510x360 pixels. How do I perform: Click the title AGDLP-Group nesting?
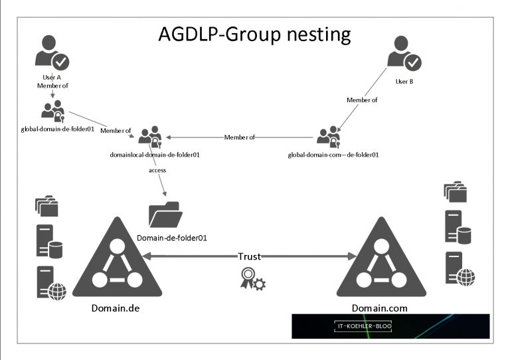(254, 34)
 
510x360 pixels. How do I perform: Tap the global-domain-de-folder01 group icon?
(52, 111)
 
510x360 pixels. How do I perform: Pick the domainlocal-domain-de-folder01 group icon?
(151, 137)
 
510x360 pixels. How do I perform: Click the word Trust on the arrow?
(250, 256)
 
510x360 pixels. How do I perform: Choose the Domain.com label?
(380, 308)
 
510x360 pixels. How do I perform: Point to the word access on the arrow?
(157, 171)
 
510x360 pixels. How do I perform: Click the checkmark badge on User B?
(413, 62)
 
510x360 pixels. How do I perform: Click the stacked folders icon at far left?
(46, 205)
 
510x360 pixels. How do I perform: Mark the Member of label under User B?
(362, 100)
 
